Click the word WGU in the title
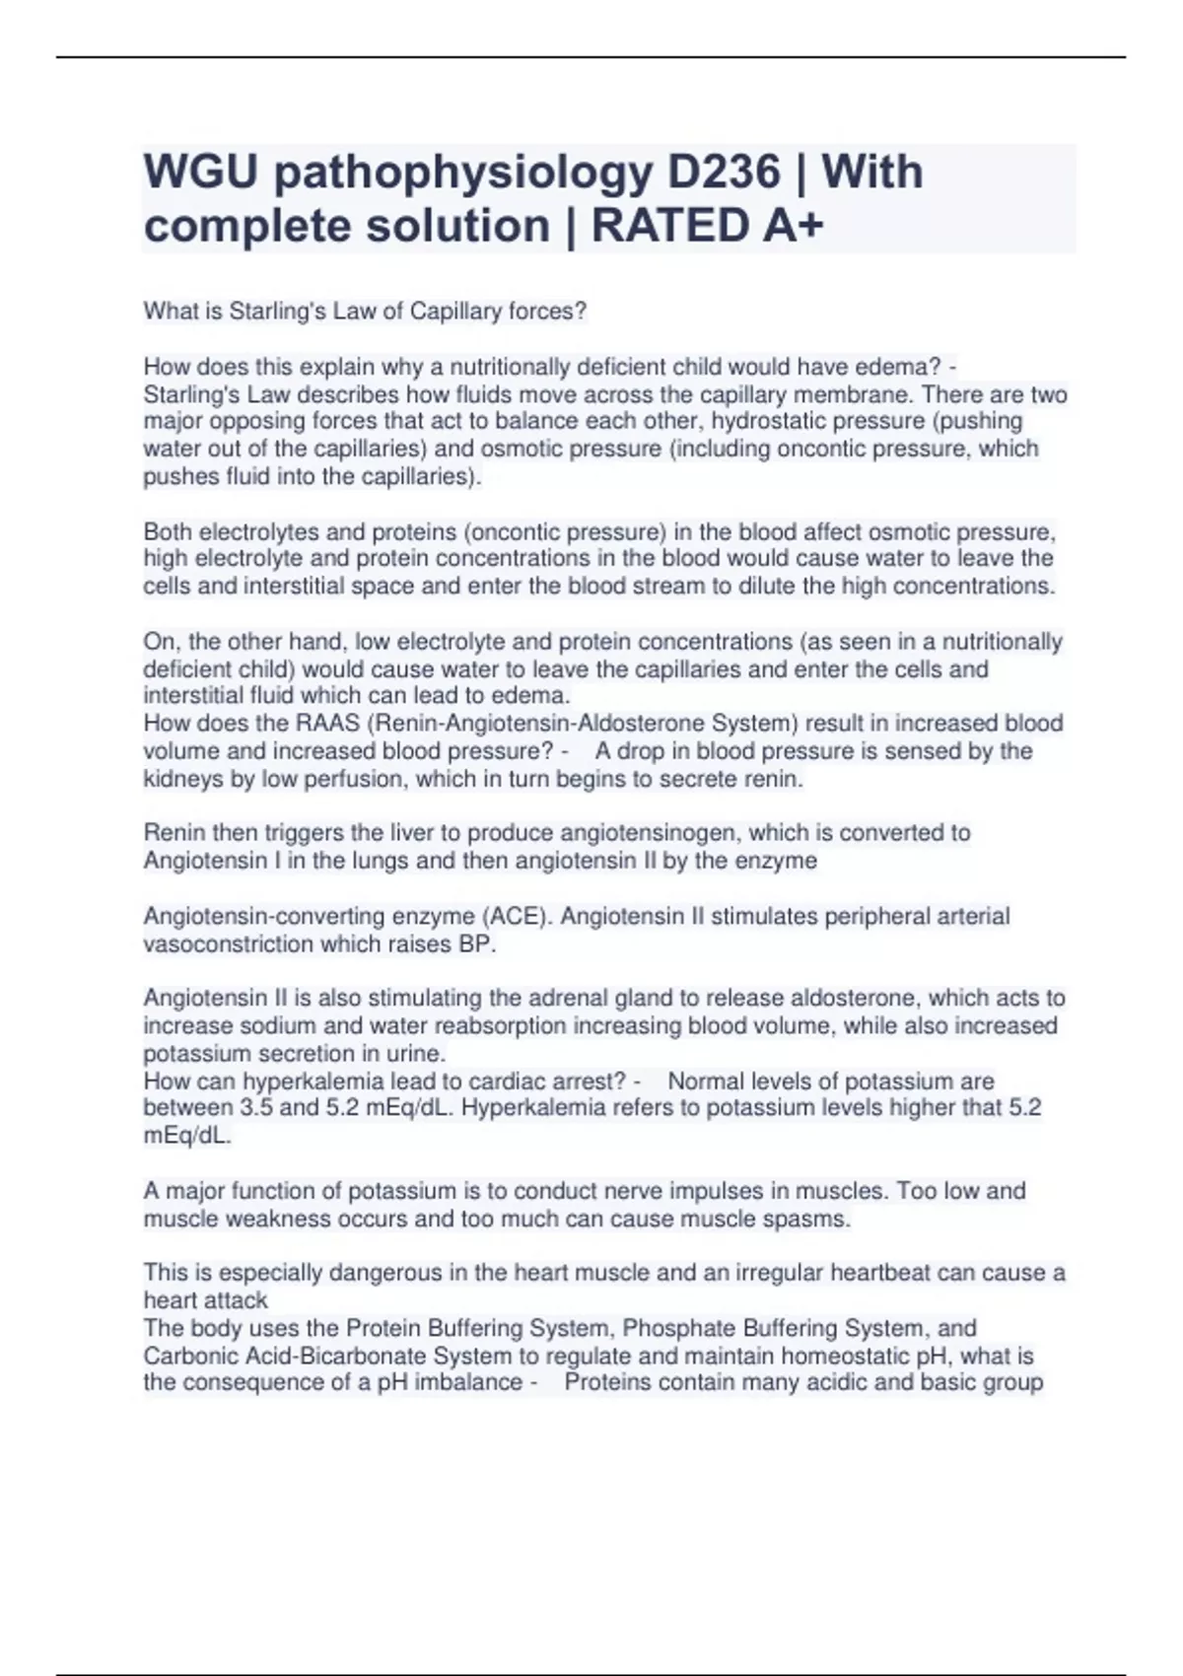tap(200, 173)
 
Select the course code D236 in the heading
tap(724, 173)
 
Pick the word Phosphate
tap(678, 1328)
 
